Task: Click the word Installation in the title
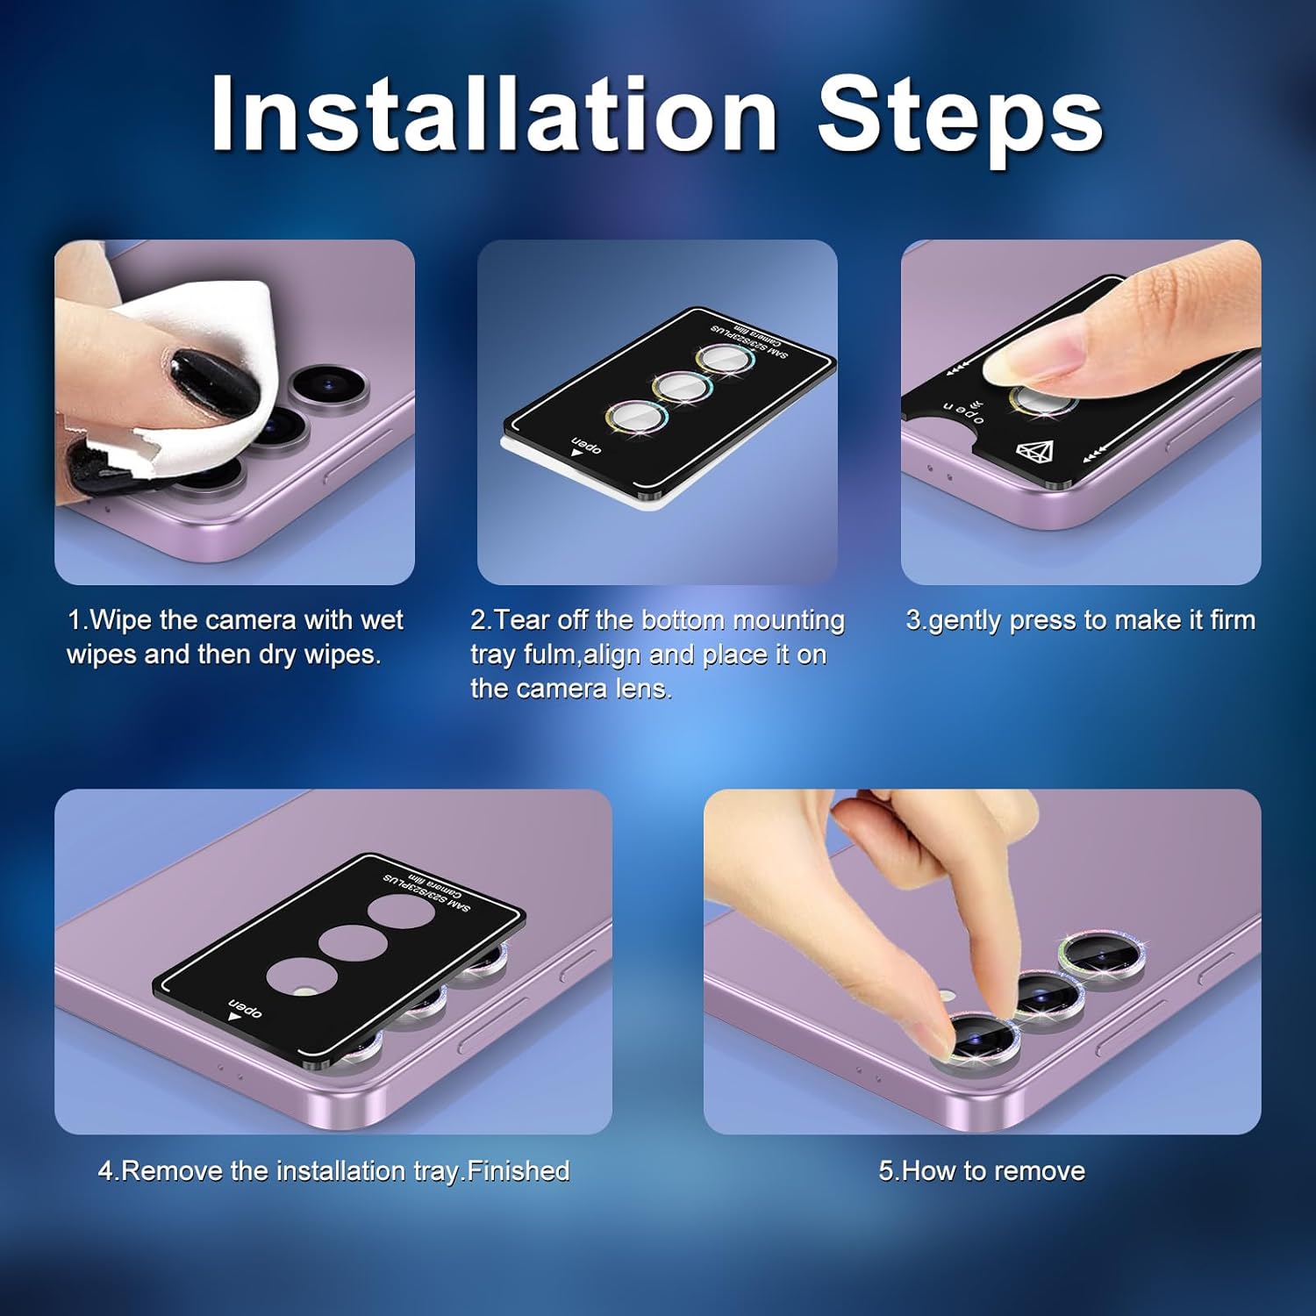click(x=494, y=113)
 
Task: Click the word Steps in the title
click(x=961, y=119)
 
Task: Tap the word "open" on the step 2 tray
click(x=586, y=444)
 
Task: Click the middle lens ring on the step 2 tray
click(x=682, y=387)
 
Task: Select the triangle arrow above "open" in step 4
click(x=234, y=1017)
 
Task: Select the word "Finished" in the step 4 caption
click(x=519, y=1170)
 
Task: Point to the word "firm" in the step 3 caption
click(x=1233, y=619)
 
